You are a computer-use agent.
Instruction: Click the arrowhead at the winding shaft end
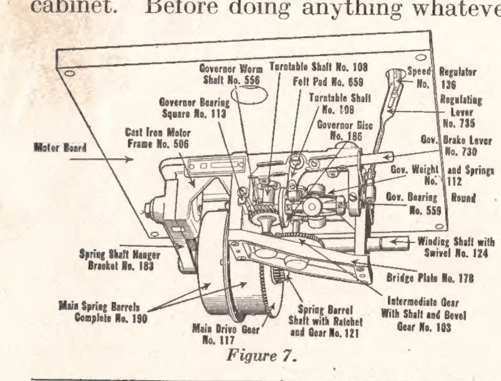[x=393, y=242]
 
